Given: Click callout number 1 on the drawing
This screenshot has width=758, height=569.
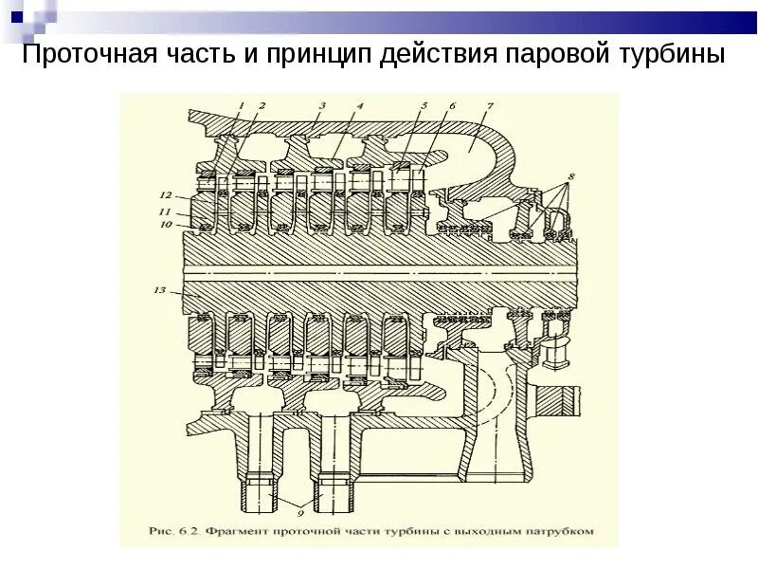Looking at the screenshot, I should point(240,105).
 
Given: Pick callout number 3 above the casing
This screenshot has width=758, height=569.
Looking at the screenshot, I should point(322,105).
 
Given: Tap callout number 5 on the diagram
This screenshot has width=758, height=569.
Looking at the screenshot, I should point(424,105).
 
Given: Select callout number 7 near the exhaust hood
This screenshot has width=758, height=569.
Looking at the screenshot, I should point(489,105).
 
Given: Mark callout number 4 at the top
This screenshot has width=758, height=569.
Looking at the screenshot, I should point(360,105).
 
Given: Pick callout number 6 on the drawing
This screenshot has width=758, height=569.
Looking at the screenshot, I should point(451,105).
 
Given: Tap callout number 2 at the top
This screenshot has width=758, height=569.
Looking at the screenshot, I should point(262,105).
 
